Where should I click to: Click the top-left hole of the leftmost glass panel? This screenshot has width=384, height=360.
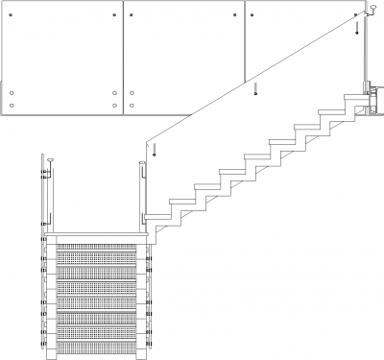[x=12, y=17]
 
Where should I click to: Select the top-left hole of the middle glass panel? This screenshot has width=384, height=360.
[x=132, y=17]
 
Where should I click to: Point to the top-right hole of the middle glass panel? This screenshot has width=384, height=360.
[x=235, y=17]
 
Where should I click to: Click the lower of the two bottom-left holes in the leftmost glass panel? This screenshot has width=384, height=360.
[x=12, y=104]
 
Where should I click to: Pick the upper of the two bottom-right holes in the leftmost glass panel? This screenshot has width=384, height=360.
[x=115, y=93]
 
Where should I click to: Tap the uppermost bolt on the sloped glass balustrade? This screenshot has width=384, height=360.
[x=357, y=27]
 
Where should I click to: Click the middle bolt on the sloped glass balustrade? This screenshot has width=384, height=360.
[x=256, y=92]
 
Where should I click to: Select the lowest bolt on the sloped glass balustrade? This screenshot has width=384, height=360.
[x=155, y=150]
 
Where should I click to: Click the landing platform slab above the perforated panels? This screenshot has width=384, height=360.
[x=96, y=236]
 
